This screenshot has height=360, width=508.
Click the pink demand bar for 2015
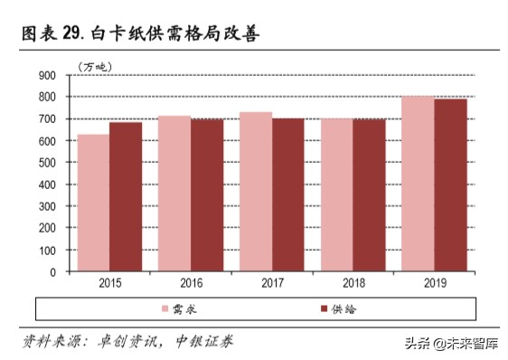93,203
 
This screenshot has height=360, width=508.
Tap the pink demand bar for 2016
174,194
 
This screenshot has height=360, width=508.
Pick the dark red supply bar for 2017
287,194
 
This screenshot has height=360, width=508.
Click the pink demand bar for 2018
336,194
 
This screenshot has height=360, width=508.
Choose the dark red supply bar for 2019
449,185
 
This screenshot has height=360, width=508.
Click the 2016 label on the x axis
190,283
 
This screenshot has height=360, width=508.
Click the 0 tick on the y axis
52,271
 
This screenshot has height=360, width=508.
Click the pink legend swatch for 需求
166,309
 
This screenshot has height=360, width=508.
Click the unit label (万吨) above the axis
92,65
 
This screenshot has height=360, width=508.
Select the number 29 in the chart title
73,34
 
